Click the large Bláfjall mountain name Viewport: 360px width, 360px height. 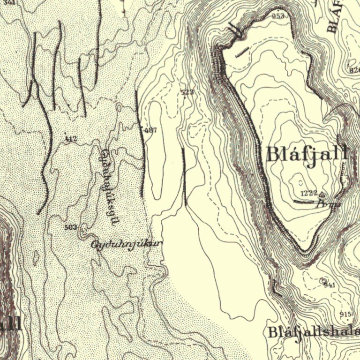pos(307,154)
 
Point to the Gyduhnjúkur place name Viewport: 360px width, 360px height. pos(127,244)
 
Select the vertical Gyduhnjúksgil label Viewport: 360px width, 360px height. pos(108,187)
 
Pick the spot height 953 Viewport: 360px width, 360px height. pos(278,16)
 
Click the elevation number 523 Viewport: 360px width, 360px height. pos(187,92)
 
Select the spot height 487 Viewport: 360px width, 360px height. pos(150,130)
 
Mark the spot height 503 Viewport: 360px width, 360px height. pos(70,227)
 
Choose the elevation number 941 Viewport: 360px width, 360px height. pos(330,285)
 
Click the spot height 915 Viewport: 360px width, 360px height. pos(346,314)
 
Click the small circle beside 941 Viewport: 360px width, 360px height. pos(322,280)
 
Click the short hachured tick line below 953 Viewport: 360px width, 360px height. pos(242,52)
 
